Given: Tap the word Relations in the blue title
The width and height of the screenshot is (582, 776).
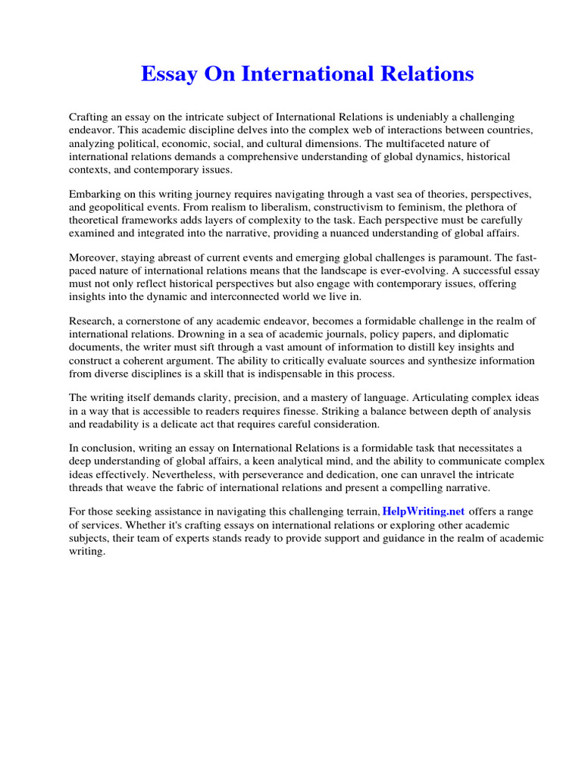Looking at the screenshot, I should coord(429,74).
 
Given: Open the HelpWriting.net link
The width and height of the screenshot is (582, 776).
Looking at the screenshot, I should coord(424,512).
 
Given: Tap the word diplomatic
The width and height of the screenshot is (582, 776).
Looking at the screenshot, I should coord(484,334).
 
